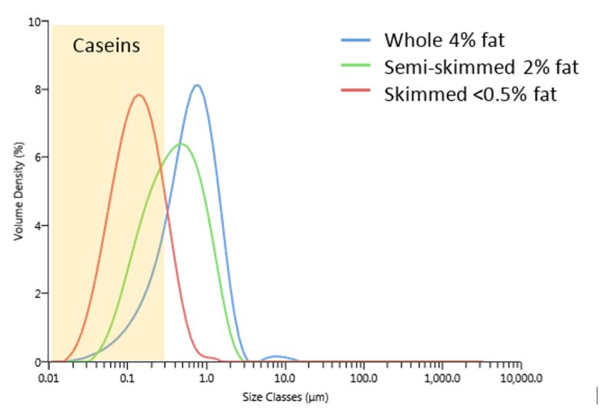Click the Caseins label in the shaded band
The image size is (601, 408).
click(x=106, y=45)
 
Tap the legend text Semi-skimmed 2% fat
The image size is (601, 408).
click(x=480, y=67)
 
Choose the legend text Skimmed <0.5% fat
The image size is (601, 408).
click(x=469, y=95)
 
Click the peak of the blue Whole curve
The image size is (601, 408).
click(x=197, y=85)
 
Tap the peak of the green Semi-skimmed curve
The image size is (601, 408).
click(x=181, y=144)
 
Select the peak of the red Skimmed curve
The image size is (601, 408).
click(x=139, y=95)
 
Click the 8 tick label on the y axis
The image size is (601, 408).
click(x=38, y=89)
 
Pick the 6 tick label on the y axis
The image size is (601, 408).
click(x=38, y=158)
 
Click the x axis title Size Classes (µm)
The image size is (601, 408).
click(x=284, y=398)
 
